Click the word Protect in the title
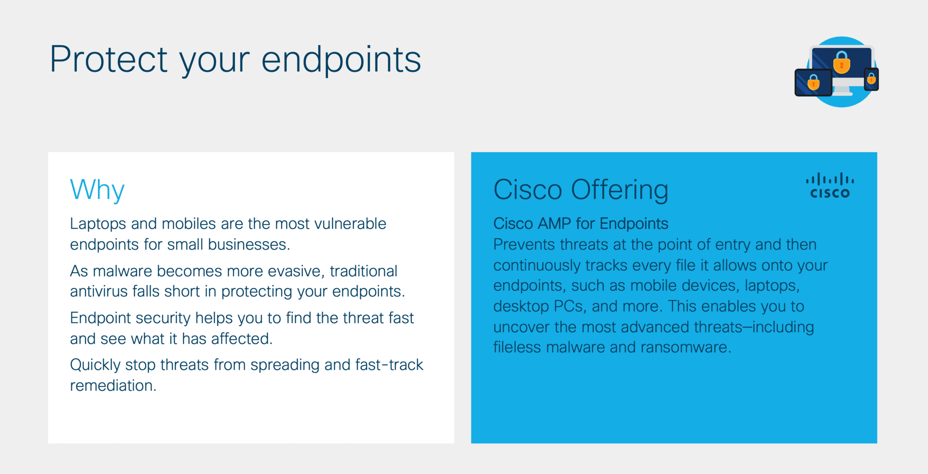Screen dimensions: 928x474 109,59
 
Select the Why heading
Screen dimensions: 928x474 97,190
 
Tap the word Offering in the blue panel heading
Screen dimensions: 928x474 619,190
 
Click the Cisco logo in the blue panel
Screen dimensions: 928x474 830,186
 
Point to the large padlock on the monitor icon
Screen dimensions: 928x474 842,63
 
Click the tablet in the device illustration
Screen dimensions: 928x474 813,83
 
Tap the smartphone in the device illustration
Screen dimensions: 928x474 871,79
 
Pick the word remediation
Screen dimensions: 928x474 113,385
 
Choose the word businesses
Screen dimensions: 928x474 249,244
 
